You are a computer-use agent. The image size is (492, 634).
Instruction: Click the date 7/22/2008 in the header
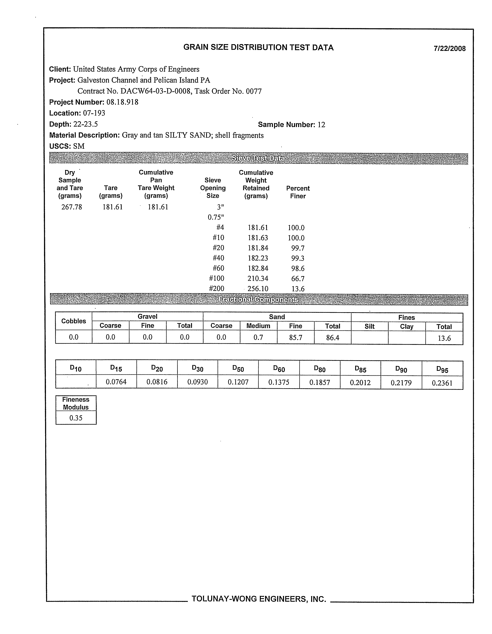[449, 48]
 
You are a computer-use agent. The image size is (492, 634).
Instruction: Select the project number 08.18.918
[122, 102]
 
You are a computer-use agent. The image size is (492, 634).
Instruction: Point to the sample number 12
[321, 125]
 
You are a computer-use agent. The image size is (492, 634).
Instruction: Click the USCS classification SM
[79, 146]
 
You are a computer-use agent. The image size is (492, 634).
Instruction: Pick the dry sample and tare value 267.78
[71, 207]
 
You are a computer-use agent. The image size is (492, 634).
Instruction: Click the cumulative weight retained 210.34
[258, 279]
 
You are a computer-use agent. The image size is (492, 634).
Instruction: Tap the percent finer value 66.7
[298, 279]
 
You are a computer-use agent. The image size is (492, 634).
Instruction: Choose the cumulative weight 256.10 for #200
[258, 289]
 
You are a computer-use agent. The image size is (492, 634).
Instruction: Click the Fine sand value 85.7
[295, 337]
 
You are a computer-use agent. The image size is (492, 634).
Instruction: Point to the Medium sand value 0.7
[258, 337]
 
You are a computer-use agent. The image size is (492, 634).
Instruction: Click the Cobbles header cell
[73, 321]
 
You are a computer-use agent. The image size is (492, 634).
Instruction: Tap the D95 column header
[442, 369]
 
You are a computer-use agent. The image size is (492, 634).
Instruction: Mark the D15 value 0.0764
[116, 382]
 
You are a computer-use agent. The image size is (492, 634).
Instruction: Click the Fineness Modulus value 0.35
[76, 418]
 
